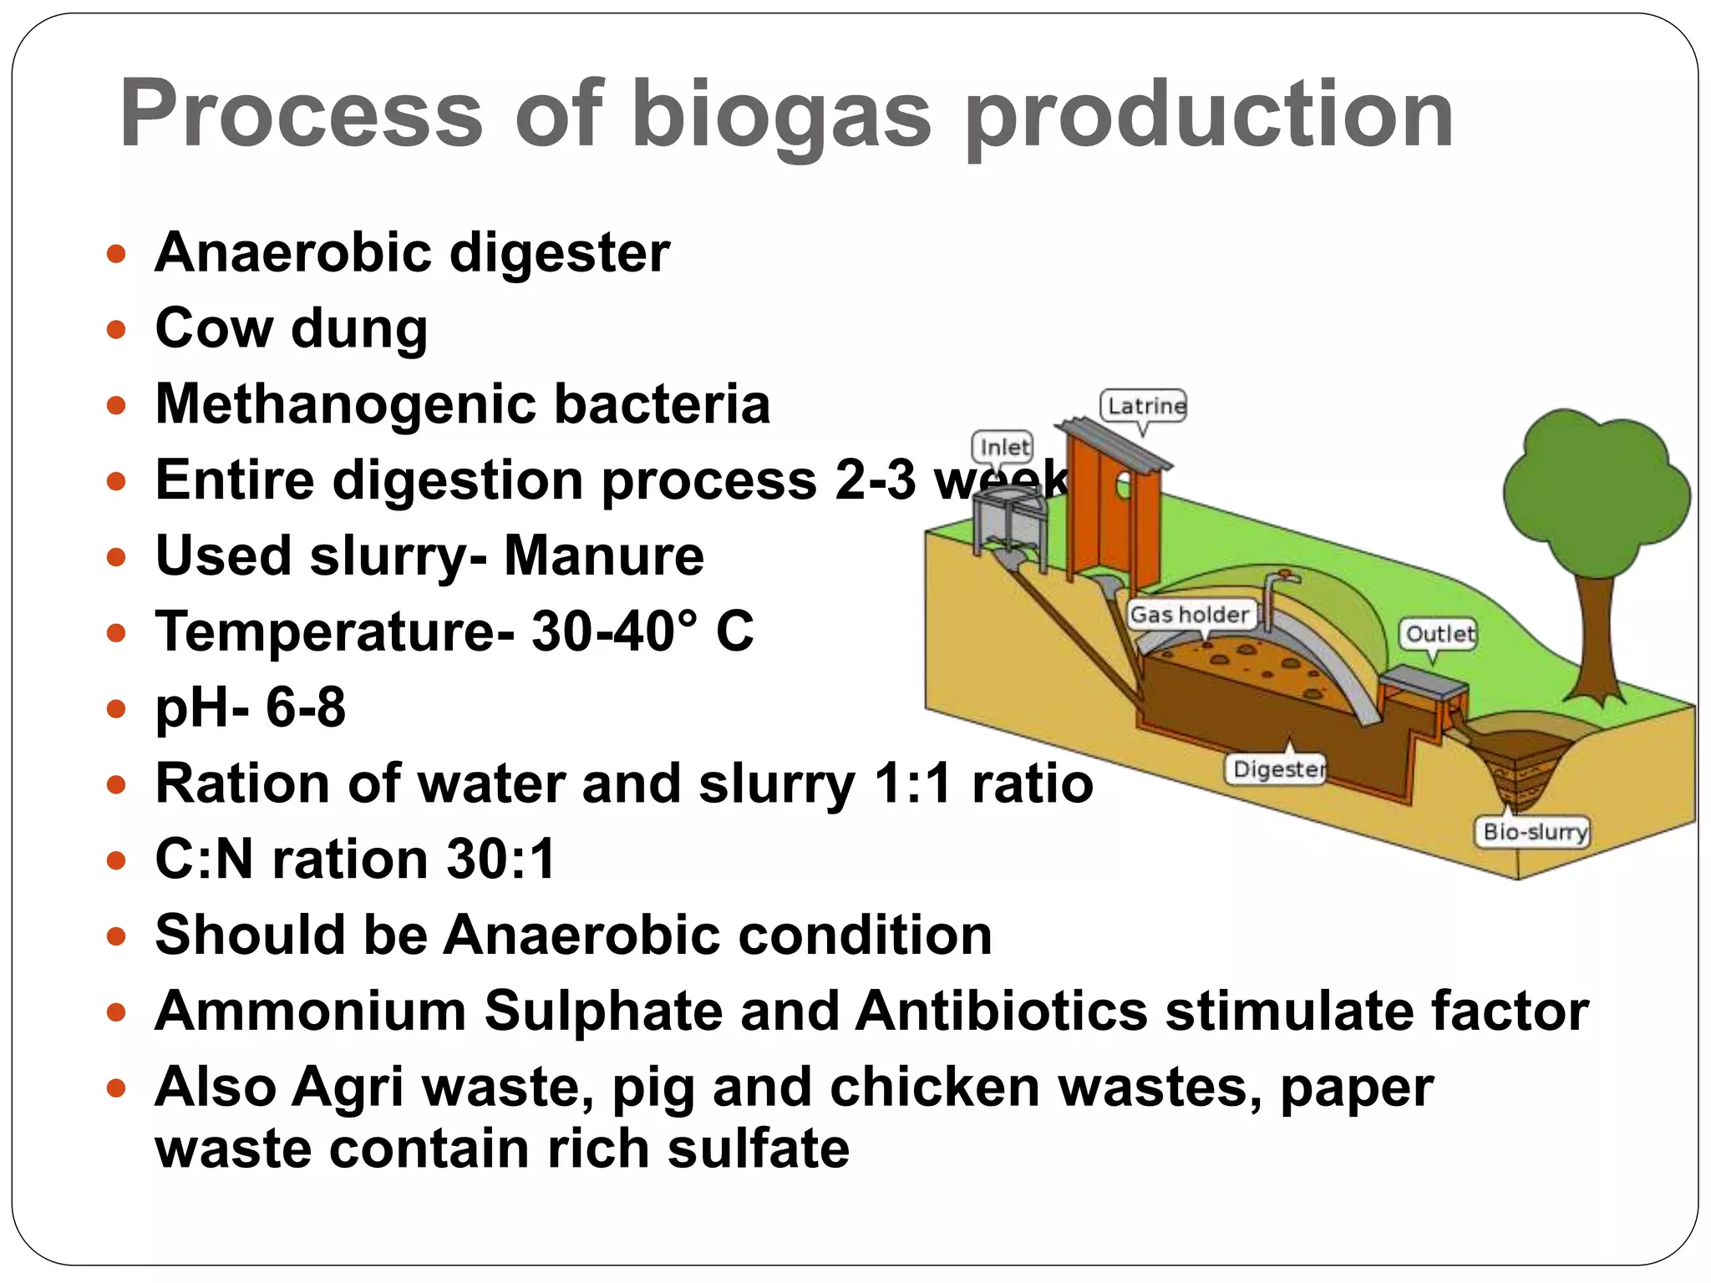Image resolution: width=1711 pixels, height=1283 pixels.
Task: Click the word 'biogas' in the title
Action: pyautogui.click(x=780, y=114)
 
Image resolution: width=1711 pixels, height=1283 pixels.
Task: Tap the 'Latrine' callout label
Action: pyautogui.click(x=1145, y=407)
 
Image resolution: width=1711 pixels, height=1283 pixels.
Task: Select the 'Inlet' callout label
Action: pyautogui.click(x=1003, y=448)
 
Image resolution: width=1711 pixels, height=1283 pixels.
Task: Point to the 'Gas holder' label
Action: pyautogui.click(x=1190, y=615)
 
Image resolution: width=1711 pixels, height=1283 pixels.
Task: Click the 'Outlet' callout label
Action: pyautogui.click(x=1439, y=634)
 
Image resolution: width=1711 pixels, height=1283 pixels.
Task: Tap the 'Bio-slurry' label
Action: pyautogui.click(x=1534, y=832)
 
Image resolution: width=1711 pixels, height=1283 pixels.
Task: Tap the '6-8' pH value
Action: pyautogui.click(x=306, y=707)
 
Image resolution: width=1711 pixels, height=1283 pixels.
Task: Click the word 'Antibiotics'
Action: pyautogui.click(x=1001, y=1011)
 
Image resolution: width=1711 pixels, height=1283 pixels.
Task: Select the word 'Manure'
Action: pyautogui.click(x=603, y=556)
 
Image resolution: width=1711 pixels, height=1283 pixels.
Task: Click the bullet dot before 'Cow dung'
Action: pyautogui.click(x=117, y=330)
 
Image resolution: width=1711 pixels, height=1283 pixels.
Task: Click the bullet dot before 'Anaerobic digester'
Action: pyautogui.click(x=117, y=254)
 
